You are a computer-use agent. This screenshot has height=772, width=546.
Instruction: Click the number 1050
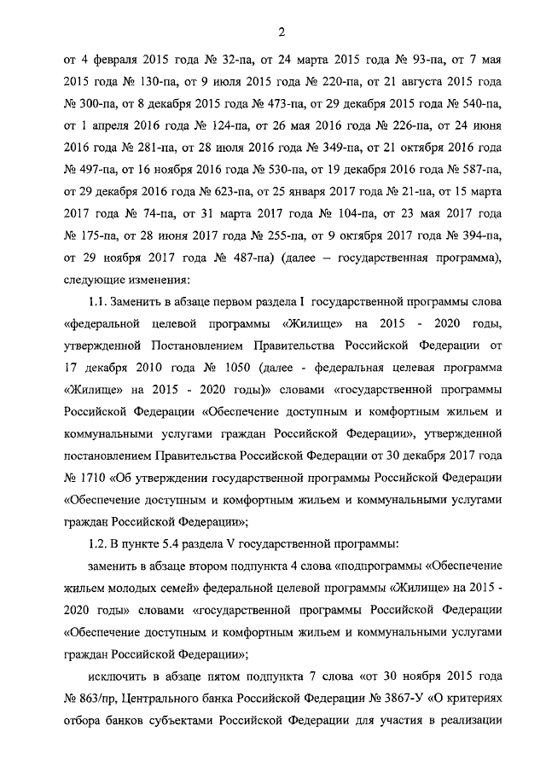tap(227, 369)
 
